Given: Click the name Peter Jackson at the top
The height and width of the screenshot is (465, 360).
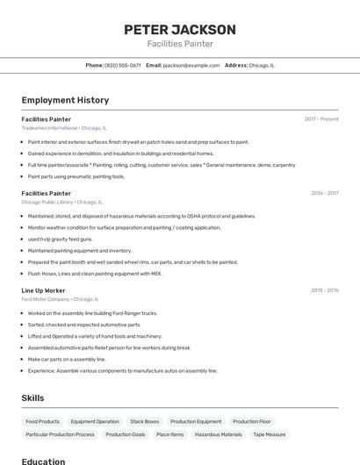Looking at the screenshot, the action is (x=180, y=29).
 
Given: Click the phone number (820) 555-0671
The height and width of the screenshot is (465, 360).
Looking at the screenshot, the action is (x=123, y=65).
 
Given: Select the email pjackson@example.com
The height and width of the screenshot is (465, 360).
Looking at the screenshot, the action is (x=191, y=65).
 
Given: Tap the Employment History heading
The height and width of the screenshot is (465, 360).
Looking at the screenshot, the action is (x=65, y=100).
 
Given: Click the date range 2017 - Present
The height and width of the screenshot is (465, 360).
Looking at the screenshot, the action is (x=321, y=119).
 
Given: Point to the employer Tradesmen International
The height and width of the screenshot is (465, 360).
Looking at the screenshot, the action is (x=49, y=128).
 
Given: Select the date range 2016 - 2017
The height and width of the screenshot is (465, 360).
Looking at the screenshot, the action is (x=325, y=193).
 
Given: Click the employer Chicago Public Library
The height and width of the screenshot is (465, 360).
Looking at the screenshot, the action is (x=47, y=202).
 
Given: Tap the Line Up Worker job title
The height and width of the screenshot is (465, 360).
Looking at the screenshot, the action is (x=44, y=290).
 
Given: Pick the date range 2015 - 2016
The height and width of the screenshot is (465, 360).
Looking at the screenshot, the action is (x=325, y=290).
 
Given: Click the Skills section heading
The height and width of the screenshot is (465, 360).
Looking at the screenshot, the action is (x=32, y=397).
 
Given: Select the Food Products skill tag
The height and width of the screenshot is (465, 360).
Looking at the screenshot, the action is (x=43, y=421).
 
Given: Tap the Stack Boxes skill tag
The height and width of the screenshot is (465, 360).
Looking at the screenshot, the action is (x=145, y=421).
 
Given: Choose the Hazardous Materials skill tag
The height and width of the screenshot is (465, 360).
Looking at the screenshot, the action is (x=219, y=434).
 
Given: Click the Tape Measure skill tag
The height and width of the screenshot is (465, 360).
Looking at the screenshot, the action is (x=270, y=434).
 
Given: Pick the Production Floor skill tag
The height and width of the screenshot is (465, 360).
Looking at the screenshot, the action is (x=252, y=421).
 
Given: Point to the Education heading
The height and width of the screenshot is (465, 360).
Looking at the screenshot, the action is (x=44, y=461).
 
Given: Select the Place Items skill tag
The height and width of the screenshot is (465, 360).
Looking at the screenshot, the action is (x=170, y=434).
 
